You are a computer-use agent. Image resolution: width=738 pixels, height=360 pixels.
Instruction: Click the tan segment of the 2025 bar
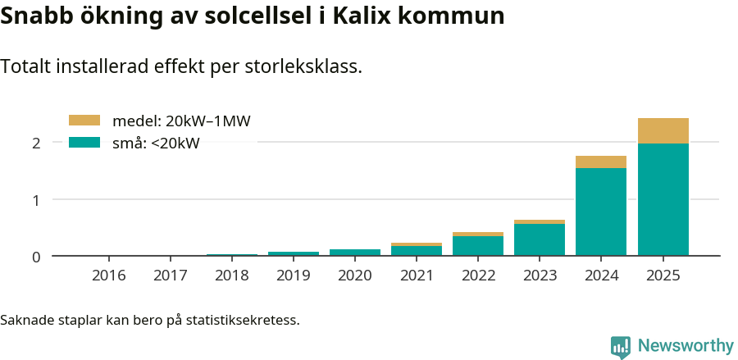point(663,130)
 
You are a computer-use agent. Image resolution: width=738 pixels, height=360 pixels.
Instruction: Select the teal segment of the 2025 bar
point(663,199)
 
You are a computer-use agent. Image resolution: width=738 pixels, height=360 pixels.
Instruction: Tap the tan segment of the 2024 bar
point(601,162)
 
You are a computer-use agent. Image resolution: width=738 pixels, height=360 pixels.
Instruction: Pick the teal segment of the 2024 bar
point(601,212)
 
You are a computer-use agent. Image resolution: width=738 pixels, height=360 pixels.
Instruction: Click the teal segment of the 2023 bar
point(540,239)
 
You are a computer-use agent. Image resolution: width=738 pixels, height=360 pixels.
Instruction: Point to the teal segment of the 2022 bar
point(478,246)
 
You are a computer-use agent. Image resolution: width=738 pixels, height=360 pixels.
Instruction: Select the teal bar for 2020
point(355,253)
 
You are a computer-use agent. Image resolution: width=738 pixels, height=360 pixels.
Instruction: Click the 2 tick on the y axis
point(36,143)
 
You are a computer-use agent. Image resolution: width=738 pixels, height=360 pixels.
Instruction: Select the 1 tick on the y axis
point(36,199)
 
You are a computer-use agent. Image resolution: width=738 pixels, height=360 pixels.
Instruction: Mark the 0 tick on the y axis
point(36,257)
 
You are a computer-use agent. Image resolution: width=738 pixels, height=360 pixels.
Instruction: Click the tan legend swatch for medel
point(84,121)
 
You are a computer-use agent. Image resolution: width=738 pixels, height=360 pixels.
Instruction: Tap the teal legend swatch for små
point(84,144)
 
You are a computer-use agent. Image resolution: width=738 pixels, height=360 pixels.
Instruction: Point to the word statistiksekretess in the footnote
point(242,319)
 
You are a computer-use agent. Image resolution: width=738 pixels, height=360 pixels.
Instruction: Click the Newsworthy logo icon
point(621,346)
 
